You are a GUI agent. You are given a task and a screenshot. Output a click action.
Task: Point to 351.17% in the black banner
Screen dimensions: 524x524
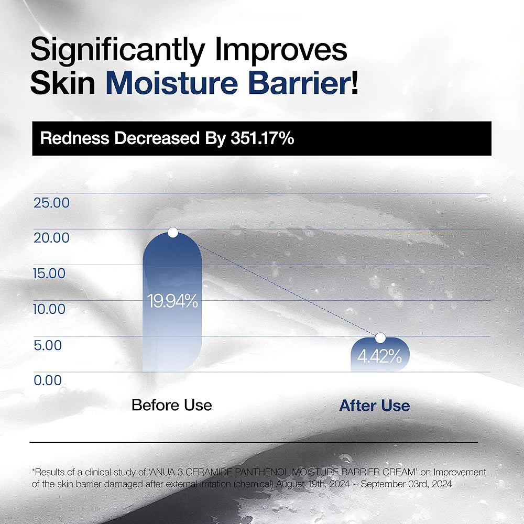coord(261,139)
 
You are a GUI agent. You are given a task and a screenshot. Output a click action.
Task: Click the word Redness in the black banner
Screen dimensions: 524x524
coord(74,139)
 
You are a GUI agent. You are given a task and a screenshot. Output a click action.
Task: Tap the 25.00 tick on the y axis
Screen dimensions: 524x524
coord(51,202)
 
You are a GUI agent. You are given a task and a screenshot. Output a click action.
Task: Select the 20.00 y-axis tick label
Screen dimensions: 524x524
coord(51,238)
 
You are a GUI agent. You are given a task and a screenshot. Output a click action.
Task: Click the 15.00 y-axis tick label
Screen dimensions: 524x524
coord(50,274)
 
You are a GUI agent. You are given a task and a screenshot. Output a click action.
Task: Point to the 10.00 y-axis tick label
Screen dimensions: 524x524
coord(50,309)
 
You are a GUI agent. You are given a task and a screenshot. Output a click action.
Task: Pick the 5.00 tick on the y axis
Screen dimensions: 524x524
coord(48,345)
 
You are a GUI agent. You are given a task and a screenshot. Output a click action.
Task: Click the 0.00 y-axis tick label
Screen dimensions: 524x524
coord(48,380)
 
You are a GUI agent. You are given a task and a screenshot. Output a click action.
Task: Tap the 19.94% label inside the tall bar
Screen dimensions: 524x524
coord(172,301)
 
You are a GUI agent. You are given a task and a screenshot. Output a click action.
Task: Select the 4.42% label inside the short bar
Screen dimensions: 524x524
coord(380,358)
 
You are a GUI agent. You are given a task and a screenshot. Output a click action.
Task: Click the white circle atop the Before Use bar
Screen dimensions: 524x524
coord(172,232)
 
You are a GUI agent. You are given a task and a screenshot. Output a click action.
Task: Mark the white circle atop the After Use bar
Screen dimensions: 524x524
coord(380,338)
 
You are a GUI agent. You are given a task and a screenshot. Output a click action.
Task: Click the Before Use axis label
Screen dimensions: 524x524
coord(172,405)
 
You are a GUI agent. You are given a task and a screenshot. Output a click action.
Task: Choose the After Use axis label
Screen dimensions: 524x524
coord(374,406)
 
